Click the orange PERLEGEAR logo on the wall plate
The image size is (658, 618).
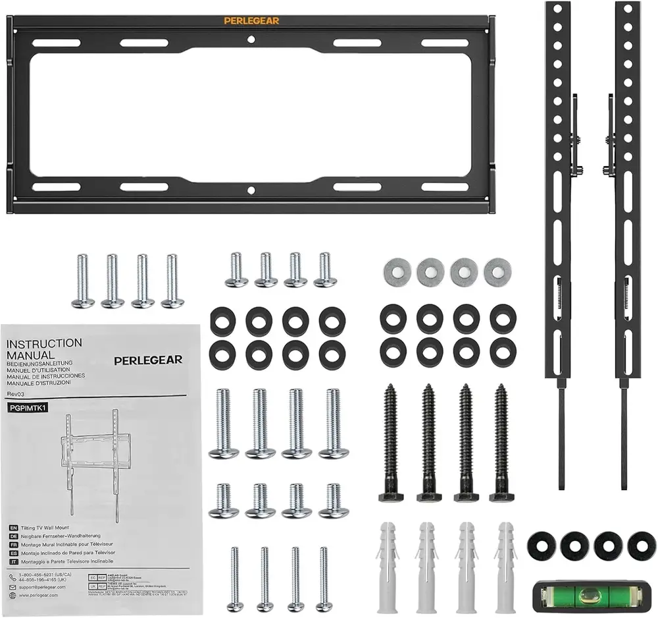(251, 20)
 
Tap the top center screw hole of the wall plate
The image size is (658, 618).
(251, 40)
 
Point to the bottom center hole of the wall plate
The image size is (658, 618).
(251, 190)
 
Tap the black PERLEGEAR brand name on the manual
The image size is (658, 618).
(148, 360)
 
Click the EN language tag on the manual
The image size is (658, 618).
(13, 528)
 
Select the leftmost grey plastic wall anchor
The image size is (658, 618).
(388, 563)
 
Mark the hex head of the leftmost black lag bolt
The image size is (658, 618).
(390, 493)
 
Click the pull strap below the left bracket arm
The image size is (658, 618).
(561, 435)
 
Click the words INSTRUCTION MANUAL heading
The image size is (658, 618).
(44, 349)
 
